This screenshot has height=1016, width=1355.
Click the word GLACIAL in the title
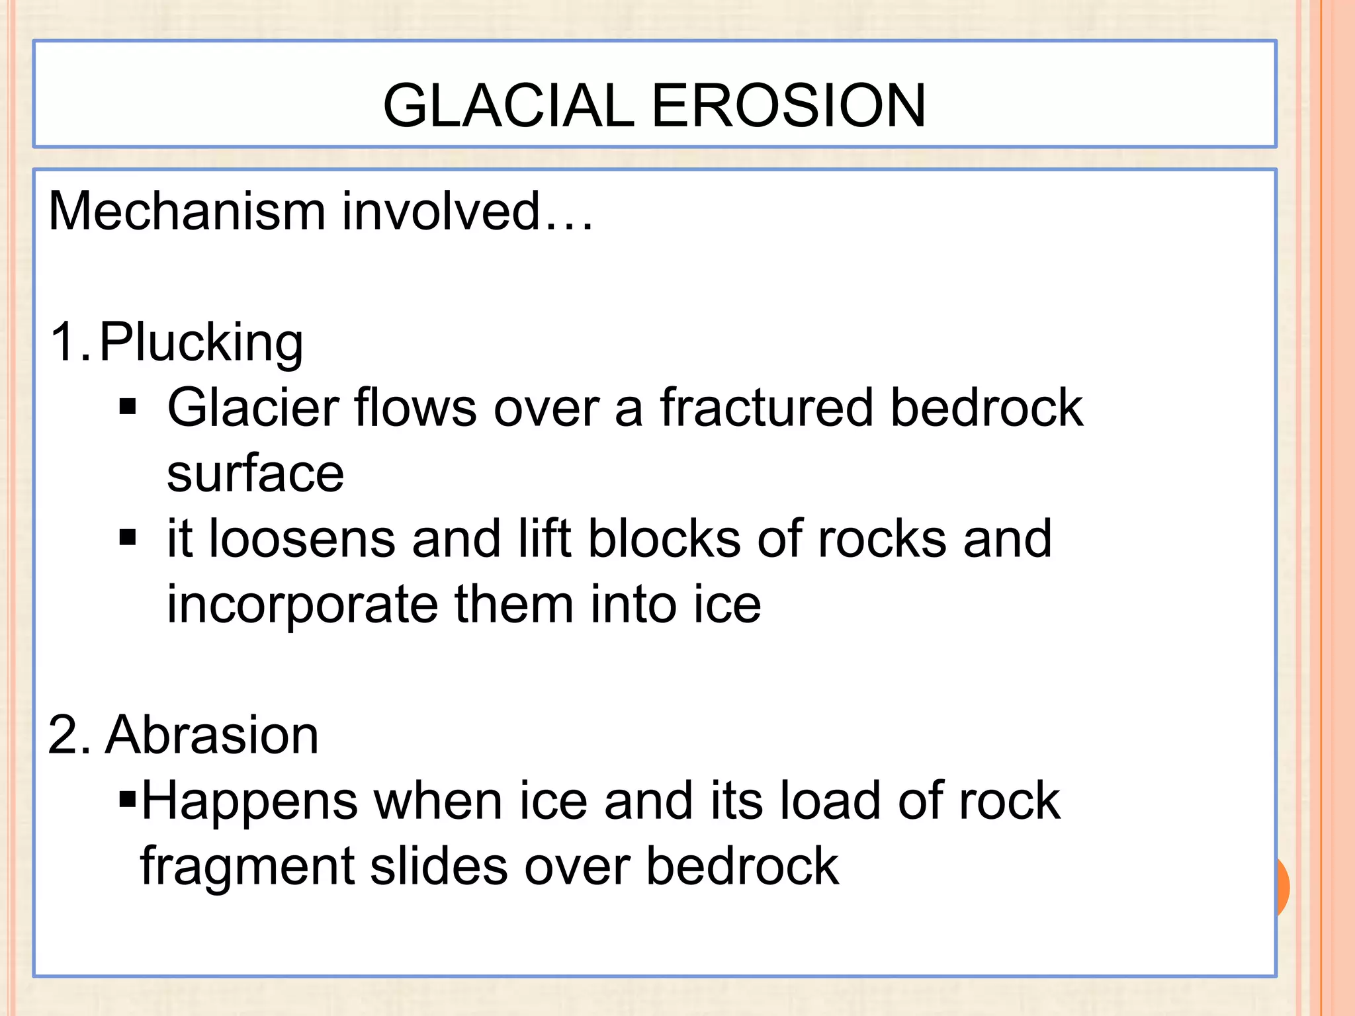[509, 106]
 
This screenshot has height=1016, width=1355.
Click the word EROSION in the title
[789, 106]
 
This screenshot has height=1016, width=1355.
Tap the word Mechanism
[187, 212]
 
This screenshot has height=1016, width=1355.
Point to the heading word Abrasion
[212, 736]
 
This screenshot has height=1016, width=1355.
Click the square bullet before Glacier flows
[128, 406]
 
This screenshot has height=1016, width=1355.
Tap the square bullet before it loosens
[128, 537]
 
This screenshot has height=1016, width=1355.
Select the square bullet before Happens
[127, 800]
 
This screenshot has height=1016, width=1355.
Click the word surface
[255, 474]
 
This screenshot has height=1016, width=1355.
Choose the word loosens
[302, 538]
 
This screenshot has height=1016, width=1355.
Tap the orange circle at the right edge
[1282, 886]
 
